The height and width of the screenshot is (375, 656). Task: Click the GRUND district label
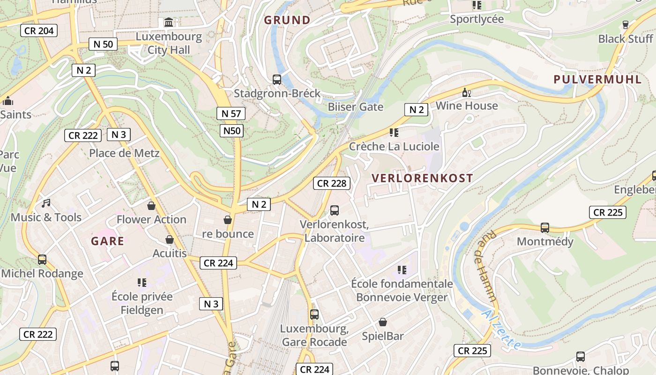click(287, 20)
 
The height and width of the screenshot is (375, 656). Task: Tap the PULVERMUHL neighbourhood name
click(597, 79)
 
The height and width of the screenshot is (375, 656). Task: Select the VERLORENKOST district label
click(422, 178)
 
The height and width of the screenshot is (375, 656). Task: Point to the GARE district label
click(108, 241)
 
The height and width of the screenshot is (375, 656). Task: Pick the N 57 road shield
click(231, 113)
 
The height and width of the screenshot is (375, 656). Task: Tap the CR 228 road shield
click(332, 183)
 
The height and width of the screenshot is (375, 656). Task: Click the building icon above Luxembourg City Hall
click(168, 22)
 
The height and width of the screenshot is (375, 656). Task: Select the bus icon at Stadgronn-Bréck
click(277, 79)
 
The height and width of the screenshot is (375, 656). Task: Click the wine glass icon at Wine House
click(466, 92)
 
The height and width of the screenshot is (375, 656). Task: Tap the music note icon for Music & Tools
click(46, 203)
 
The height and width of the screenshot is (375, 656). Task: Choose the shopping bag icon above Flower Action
click(151, 205)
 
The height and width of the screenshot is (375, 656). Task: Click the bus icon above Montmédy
click(545, 228)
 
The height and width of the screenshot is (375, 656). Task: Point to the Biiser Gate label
click(355, 107)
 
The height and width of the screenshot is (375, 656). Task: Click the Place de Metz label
click(124, 153)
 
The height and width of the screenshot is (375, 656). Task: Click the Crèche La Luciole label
click(394, 146)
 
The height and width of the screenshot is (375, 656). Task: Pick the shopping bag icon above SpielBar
click(383, 322)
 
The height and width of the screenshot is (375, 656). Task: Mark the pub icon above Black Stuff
click(625, 24)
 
